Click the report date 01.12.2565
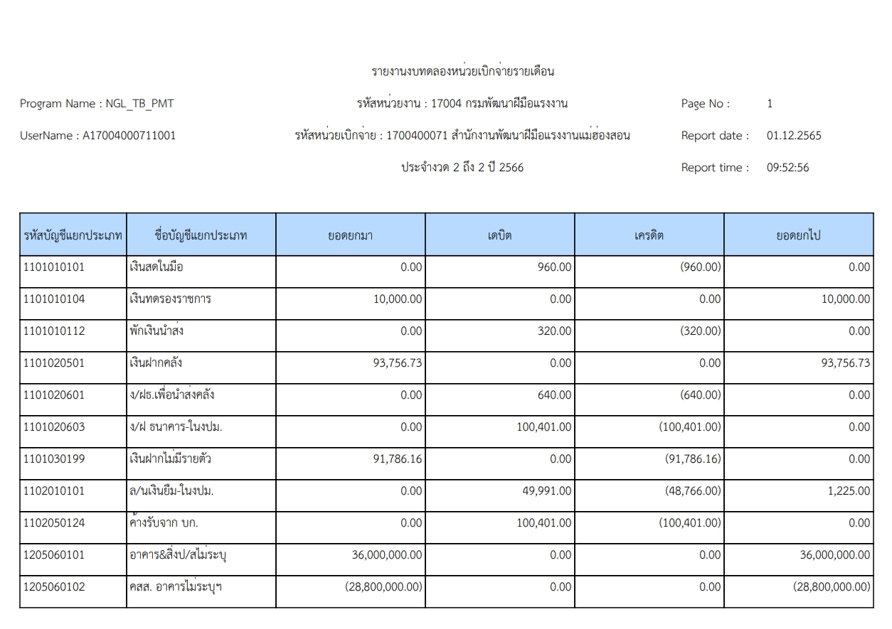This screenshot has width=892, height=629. click(x=793, y=136)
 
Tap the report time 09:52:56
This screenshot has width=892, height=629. click(x=787, y=168)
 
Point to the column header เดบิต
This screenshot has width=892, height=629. click(x=499, y=235)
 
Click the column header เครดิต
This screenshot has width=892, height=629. click(x=649, y=235)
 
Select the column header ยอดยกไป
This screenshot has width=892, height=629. click(x=798, y=235)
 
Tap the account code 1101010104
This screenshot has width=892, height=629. click(x=54, y=299)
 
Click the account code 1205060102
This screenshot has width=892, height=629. click(x=54, y=587)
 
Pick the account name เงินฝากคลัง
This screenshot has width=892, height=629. click(x=152, y=363)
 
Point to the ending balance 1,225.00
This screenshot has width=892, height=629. click(x=849, y=491)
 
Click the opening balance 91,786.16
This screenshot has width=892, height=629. click(x=397, y=459)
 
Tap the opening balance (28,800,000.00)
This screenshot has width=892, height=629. click(x=383, y=587)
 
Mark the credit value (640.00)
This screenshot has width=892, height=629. click(x=700, y=395)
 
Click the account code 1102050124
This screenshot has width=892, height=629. click(x=54, y=523)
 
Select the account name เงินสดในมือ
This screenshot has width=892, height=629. click(x=152, y=267)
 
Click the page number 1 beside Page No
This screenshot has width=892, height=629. click(x=770, y=104)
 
